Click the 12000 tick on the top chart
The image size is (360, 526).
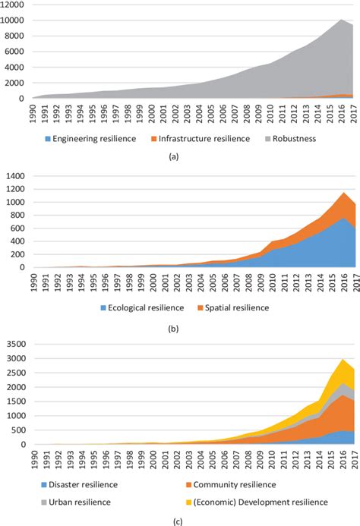[14, 5]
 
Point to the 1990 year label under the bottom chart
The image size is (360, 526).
[35, 461]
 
